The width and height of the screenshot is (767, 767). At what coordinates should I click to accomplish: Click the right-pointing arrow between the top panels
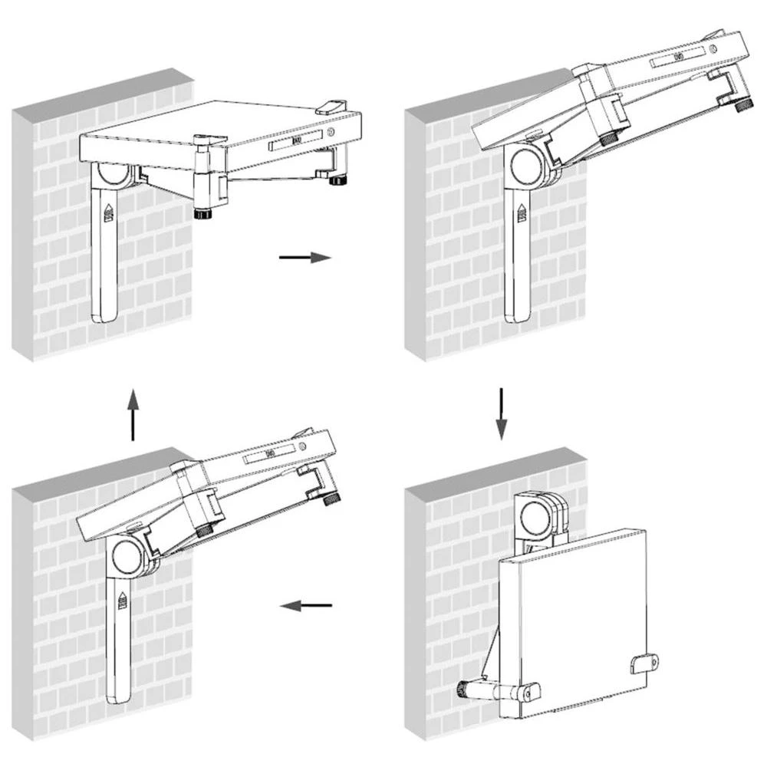(305, 258)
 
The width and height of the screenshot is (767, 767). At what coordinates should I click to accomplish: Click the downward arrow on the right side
(500, 414)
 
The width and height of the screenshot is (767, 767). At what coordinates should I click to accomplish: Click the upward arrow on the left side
(133, 414)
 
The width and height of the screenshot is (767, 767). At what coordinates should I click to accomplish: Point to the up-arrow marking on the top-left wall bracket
(107, 211)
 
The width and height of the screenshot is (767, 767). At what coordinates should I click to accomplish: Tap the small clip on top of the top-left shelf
(332, 105)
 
